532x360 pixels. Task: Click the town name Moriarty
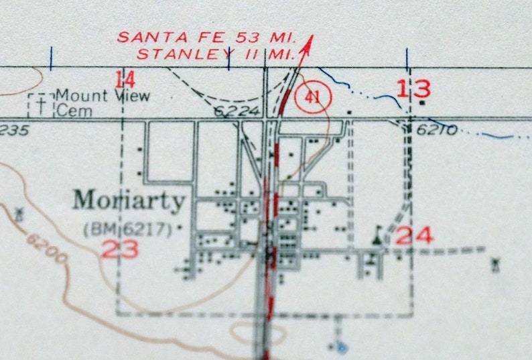coord(129,200)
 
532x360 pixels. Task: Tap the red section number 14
coord(125,80)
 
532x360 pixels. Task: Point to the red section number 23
coord(120,249)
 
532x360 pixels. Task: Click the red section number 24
coord(414,235)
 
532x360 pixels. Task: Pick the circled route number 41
coord(312,97)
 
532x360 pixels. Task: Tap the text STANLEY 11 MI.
coord(215,54)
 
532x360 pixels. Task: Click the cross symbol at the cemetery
coord(42,105)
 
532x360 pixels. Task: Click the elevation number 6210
coord(436,129)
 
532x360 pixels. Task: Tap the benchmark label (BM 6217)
coord(131,229)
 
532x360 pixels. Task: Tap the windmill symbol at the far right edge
coord(496,264)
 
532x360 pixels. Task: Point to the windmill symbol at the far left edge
coord(19,215)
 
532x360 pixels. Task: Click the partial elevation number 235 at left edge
coord(13,130)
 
